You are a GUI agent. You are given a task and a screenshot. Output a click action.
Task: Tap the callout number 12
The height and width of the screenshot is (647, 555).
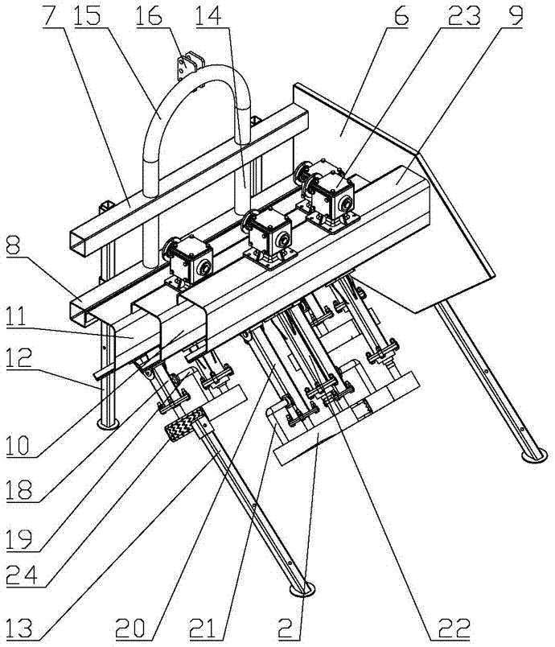(18, 357)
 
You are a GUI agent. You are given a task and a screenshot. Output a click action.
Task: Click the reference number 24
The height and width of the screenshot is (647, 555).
(22, 575)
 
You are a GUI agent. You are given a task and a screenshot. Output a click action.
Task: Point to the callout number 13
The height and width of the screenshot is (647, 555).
(19, 629)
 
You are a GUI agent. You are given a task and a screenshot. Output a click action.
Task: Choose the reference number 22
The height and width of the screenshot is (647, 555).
(454, 629)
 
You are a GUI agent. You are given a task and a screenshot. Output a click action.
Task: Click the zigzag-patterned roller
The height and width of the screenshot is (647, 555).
(186, 424)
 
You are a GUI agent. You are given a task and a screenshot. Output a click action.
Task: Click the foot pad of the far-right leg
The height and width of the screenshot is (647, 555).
(535, 456)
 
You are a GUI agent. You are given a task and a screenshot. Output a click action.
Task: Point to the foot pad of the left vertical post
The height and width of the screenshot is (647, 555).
(108, 424)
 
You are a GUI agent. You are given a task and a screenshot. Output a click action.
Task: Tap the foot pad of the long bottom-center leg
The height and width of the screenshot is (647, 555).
(302, 589)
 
